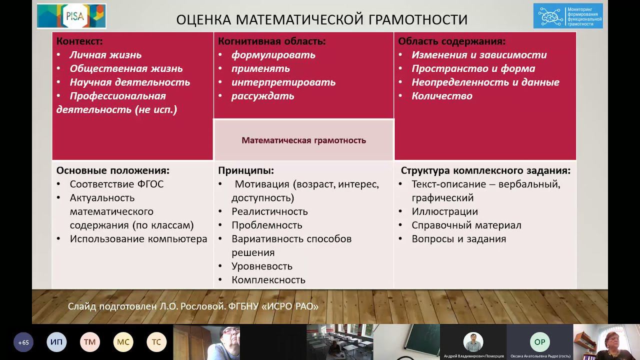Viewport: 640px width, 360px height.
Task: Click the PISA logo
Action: [71, 16]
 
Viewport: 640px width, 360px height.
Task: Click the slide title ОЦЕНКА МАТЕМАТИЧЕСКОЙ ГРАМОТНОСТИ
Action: [322, 19]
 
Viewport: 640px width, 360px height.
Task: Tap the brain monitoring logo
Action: [567, 16]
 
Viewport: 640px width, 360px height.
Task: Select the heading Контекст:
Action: [79, 41]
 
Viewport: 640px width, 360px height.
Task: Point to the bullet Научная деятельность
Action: [129, 82]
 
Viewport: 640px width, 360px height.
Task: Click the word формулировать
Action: [273, 55]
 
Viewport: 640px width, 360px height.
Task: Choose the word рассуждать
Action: [262, 96]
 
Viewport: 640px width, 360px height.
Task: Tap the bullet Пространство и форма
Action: [473, 68]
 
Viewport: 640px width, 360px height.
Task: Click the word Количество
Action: [441, 96]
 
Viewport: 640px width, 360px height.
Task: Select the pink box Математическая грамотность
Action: [303, 140]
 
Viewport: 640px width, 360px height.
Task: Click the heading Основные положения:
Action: [113, 170]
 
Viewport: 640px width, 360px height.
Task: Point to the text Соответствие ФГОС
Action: [116, 184]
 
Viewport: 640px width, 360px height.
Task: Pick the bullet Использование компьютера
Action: [138, 239]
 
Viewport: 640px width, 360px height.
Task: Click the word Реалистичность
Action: [269, 211]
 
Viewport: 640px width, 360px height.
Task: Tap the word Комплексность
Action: [268, 280]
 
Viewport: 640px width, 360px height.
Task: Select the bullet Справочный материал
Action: [466, 225]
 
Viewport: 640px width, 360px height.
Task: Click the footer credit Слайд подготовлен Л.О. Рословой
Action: [193, 306]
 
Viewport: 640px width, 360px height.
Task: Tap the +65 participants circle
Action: [23, 342]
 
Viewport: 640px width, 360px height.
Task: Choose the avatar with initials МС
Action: [123, 342]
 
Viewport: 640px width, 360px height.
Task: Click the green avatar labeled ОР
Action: [539, 342]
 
